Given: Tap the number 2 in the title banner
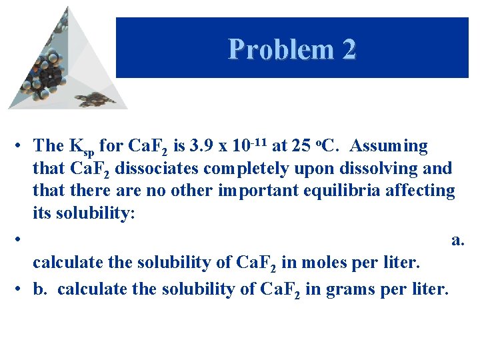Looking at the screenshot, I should click(347, 49).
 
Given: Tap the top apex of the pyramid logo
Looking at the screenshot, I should click(67, 8).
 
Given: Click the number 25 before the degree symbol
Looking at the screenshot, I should click(300, 145).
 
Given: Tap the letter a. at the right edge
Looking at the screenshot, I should click(457, 239).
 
